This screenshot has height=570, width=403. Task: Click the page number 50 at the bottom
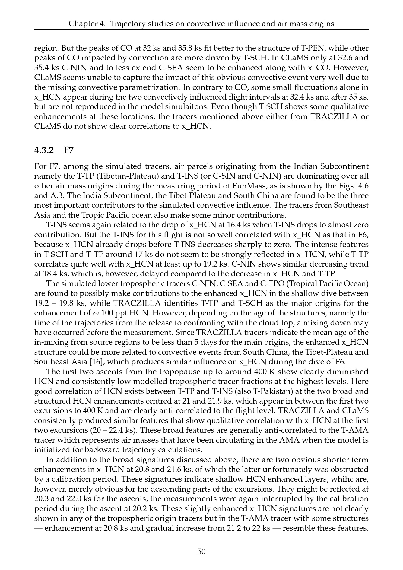click(x=201, y=552)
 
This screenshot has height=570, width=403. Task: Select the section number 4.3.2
click(x=44, y=150)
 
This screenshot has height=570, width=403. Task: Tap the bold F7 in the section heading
click(x=68, y=150)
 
